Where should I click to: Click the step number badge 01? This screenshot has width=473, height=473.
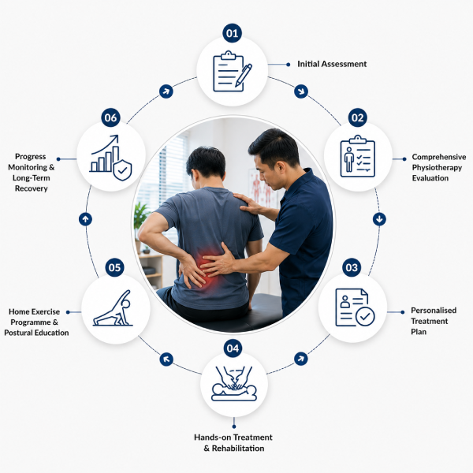[232, 33]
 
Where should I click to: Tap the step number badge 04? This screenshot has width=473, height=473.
[233, 348]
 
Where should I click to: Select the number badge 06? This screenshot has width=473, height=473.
[110, 117]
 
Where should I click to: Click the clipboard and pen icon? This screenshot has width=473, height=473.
[233, 72]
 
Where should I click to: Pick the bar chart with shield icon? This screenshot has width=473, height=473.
[111, 158]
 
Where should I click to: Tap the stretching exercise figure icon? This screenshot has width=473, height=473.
[113, 308]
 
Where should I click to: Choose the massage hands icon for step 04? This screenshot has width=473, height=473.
[234, 383]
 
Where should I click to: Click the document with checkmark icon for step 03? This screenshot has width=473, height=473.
[355, 307]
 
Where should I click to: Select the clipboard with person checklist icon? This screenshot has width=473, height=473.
[357, 156]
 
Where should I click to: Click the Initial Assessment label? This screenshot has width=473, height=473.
[332, 64]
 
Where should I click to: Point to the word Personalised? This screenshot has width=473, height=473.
[434, 311]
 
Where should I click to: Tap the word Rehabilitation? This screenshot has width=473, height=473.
[238, 449]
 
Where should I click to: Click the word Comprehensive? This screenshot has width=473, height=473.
[439, 157]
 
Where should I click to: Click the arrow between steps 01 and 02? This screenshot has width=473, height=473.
[301, 91]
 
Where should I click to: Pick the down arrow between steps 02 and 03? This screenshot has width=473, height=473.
[379, 219]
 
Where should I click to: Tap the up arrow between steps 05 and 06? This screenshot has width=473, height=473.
[85, 219]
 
